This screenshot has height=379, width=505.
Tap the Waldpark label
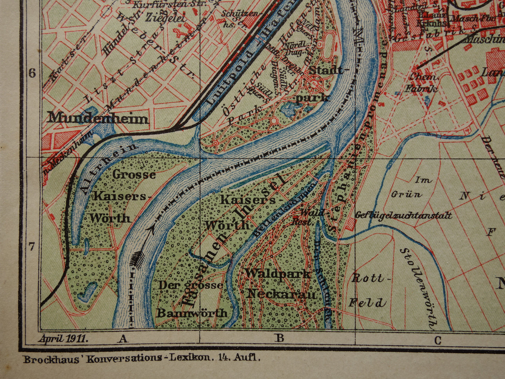pos(278,273)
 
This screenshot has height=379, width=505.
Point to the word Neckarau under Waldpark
pos(282,294)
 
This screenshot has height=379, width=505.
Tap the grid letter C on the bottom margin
pos(438,340)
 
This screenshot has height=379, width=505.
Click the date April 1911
pos(64,338)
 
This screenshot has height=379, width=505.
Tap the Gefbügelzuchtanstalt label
pos(404,215)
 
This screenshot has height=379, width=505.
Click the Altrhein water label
pos(108,168)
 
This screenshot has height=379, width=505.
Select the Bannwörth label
pos(192,313)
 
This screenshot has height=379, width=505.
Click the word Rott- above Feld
pos(368,278)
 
